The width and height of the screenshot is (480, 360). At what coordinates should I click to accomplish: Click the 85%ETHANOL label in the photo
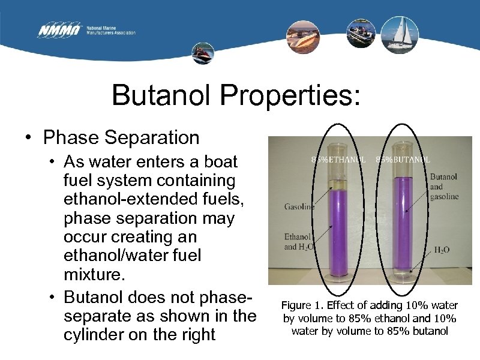pyautogui.click(x=338, y=160)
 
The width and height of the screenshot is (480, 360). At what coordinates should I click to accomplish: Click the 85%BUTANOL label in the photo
pyautogui.click(x=403, y=160)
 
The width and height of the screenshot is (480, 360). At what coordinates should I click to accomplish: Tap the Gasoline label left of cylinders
pyautogui.click(x=299, y=208)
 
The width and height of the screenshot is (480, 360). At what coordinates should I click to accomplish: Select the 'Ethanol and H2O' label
pyautogui.click(x=298, y=241)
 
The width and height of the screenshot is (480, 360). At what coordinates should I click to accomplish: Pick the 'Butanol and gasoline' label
pyautogui.click(x=444, y=187)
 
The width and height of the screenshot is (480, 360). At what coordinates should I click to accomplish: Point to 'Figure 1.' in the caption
pyautogui.click(x=301, y=305)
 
